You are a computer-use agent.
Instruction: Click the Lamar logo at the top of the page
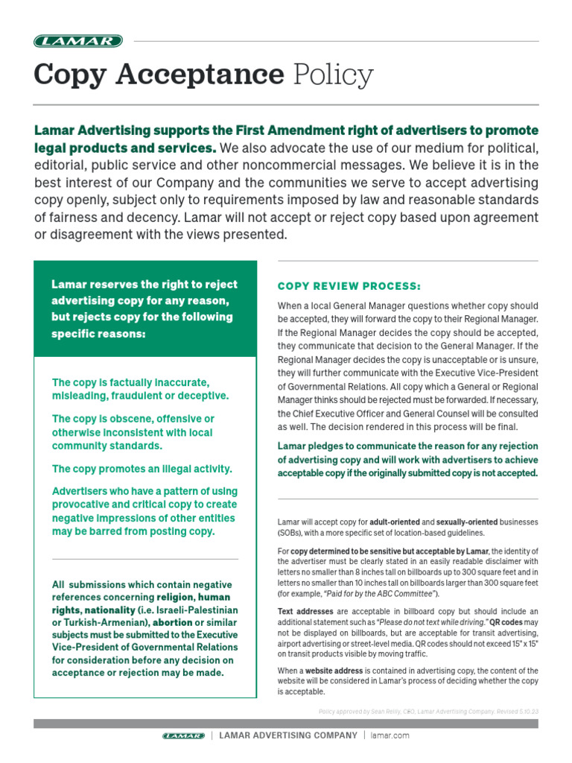click(78, 41)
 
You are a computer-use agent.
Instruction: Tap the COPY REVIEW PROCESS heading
click(349, 286)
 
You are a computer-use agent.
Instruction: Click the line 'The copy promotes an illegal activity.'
click(142, 469)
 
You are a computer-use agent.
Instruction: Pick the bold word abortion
click(173, 622)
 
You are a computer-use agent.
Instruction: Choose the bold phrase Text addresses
click(307, 611)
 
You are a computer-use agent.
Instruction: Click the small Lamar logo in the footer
click(183, 735)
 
